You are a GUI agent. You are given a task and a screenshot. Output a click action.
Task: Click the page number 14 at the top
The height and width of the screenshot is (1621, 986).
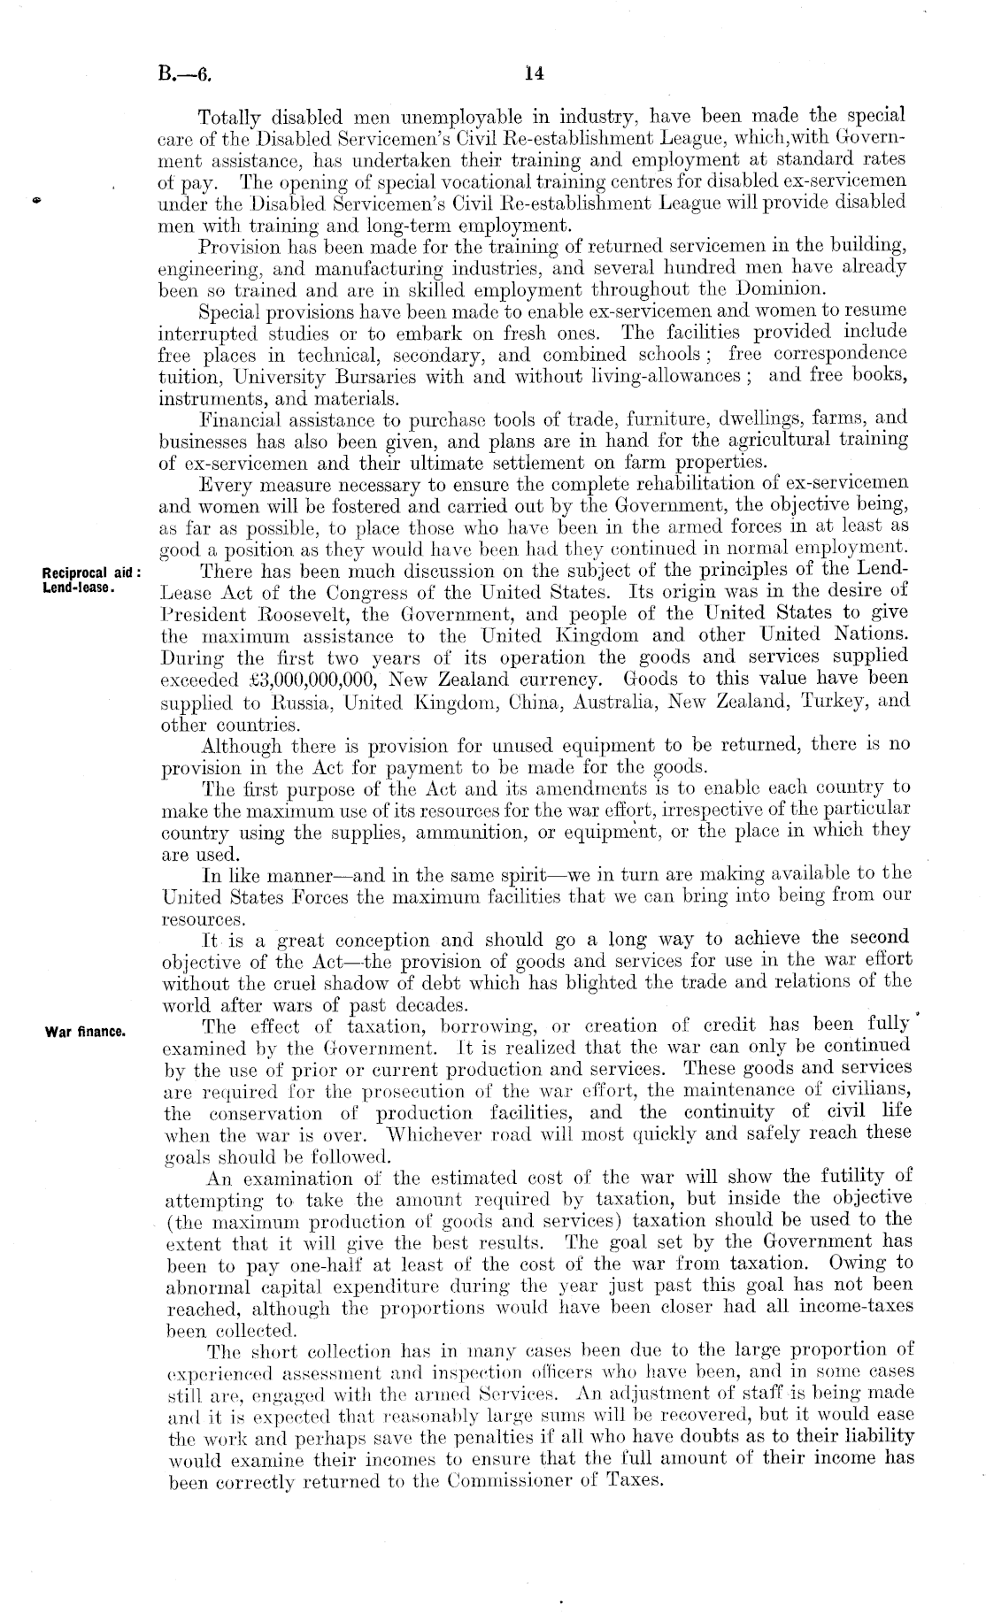533,75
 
